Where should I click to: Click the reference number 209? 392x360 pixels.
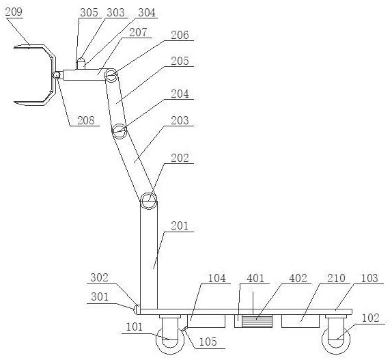[14, 12]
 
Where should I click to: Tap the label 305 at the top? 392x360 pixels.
[89, 12]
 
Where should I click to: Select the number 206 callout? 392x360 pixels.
[180, 36]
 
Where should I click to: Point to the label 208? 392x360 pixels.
[86, 120]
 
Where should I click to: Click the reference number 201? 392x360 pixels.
[180, 226]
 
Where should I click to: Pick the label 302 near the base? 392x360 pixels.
[99, 278]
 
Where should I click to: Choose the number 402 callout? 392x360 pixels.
[298, 278]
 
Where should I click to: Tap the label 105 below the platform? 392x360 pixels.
[208, 342]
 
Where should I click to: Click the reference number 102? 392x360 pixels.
[371, 318]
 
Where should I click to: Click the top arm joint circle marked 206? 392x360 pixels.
[111, 75]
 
